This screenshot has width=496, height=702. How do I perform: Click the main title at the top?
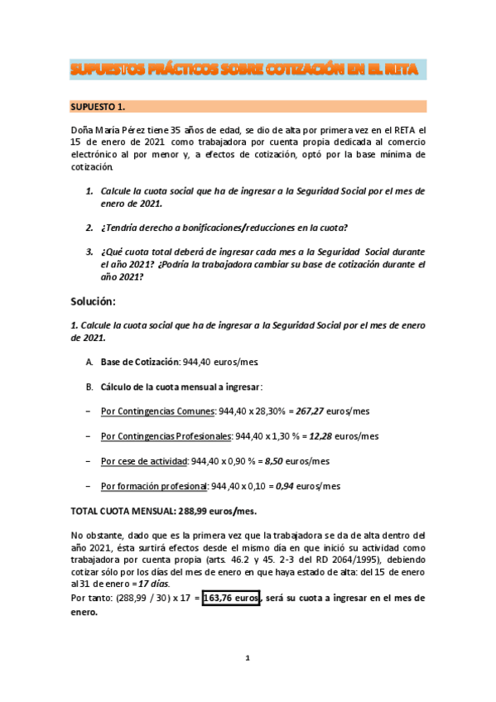click(x=248, y=70)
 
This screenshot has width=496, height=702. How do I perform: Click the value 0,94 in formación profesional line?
click(x=287, y=486)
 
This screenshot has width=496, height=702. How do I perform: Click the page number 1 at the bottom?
click(x=247, y=658)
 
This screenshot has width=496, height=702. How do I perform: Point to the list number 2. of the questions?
click(x=89, y=228)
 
